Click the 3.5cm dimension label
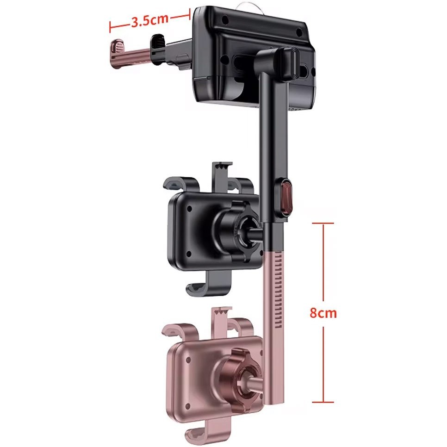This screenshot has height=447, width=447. (150, 20)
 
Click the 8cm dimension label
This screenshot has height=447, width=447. (323, 313)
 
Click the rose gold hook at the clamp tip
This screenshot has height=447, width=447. (117, 54)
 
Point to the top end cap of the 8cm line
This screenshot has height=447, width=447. (323, 223)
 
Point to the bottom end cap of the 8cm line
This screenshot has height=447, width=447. (323, 402)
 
